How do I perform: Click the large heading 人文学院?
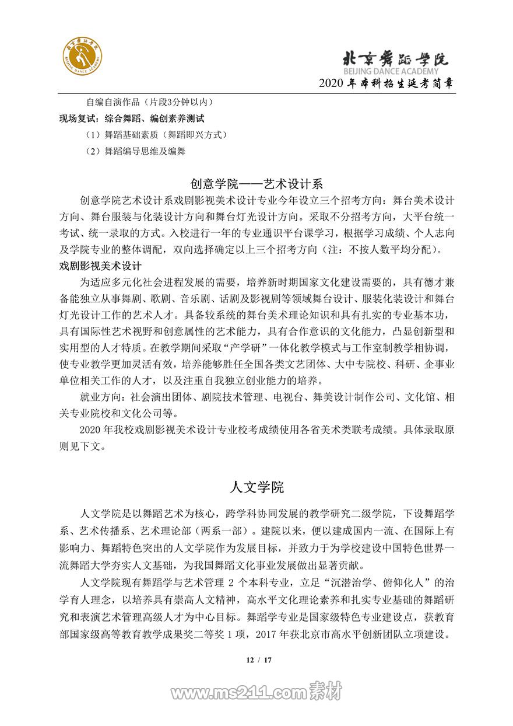point(256,487)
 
